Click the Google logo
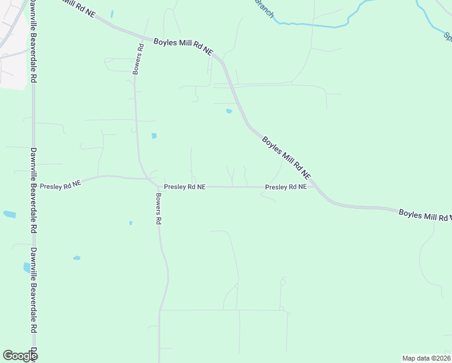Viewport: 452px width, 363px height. pyautogui.click(x=19, y=356)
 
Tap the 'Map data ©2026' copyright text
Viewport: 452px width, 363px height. pyautogui.click(x=426, y=358)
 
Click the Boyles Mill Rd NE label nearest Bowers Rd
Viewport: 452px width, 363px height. pyautogui.click(x=183, y=47)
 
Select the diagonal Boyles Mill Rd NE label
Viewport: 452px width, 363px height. pyautogui.click(x=286, y=157)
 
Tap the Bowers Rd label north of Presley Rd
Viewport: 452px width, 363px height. pyautogui.click(x=138, y=59)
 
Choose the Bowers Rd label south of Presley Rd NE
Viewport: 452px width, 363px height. pyautogui.click(x=158, y=209)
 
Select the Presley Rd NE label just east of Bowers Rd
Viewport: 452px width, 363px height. pyautogui.click(x=185, y=188)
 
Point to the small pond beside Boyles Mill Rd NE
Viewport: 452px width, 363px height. pyautogui.click(x=228, y=111)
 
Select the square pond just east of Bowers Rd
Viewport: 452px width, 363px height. pyautogui.click(x=154, y=136)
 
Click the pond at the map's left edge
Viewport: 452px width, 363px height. pyautogui.click(x=9, y=214)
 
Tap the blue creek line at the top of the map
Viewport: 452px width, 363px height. pyautogui.click(x=314, y=25)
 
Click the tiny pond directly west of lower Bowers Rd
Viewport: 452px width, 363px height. pyautogui.click(x=131, y=223)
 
